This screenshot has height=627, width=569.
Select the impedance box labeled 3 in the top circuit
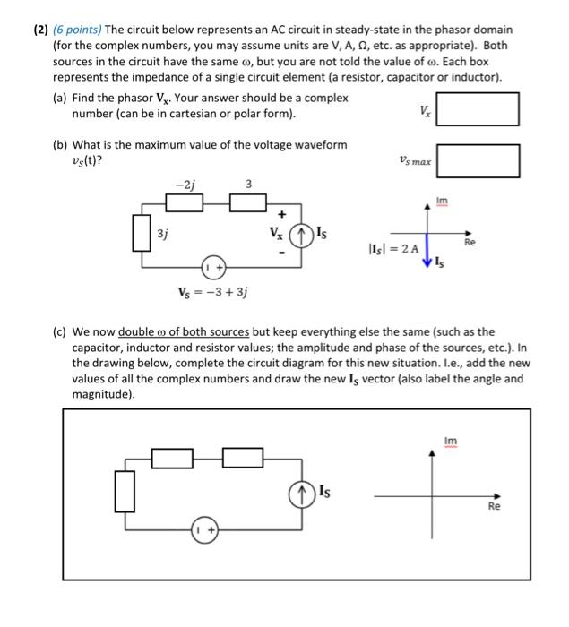pyautogui.click(x=249, y=203)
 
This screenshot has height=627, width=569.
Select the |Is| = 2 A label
pyautogui.click(x=390, y=247)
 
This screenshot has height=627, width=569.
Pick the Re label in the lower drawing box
pyautogui.click(x=493, y=506)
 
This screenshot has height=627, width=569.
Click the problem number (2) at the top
pyautogui.click(x=34, y=30)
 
